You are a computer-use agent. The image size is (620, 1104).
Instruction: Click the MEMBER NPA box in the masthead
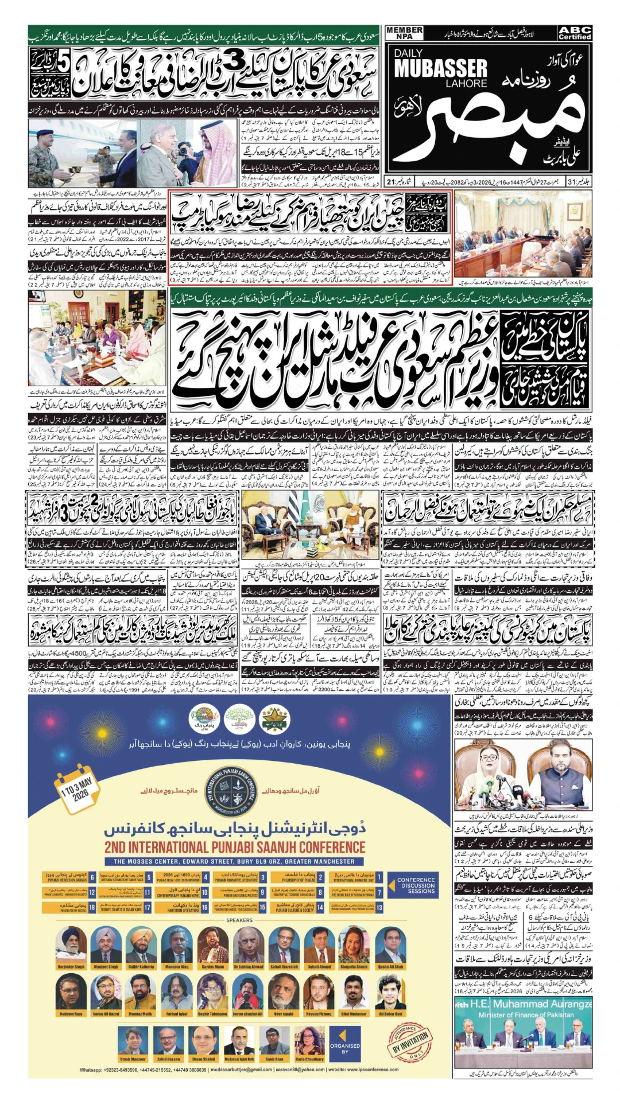coord(404,33)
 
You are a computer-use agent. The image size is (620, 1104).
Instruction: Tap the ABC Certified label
coord(575,33)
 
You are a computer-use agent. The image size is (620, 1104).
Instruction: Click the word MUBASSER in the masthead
coord(440,69)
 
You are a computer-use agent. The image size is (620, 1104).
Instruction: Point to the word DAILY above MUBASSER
coord(408,53)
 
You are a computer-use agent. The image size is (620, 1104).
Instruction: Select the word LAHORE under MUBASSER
coord(466,83)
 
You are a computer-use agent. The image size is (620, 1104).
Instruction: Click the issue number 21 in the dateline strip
coord(390,182)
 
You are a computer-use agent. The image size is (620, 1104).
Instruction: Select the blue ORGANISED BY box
coord(345,1048)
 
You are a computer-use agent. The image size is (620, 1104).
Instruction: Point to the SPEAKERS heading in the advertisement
coord(239,920)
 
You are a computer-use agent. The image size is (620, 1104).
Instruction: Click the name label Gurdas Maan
coord(213,967)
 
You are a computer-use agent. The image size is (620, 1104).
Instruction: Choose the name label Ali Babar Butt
coord(390,1014)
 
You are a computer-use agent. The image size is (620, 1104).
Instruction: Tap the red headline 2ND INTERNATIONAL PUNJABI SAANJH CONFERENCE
coord(234,848)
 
